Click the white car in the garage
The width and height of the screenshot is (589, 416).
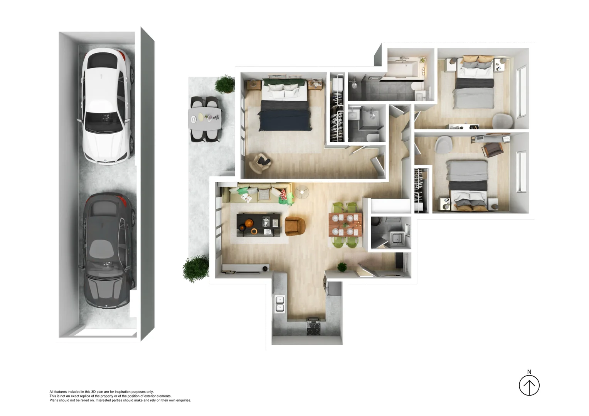[106, 106]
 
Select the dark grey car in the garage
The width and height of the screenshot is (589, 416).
[108, 250]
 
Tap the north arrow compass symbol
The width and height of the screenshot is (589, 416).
[529, 385]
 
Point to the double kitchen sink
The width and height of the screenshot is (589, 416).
[280, 304]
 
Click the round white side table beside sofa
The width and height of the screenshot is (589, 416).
[302, 192]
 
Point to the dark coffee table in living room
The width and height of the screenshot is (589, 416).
[257, 225]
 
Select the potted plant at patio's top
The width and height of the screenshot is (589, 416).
[224, 84]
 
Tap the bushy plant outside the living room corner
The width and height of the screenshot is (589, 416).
[196, 268]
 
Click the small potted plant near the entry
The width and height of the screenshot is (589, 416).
[342, 267]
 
